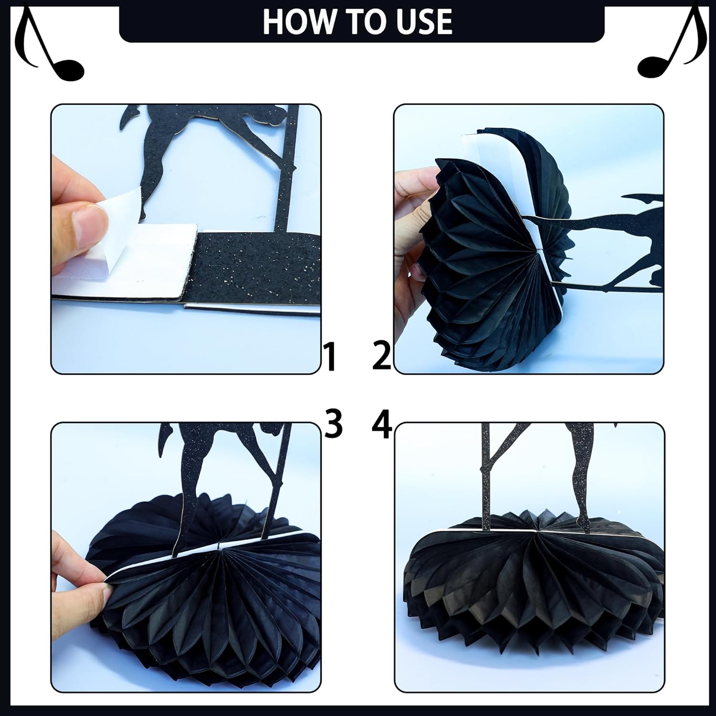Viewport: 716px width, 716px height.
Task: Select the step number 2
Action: (x=381, y=357)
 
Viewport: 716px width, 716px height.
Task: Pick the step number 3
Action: (x=333, y=424)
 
